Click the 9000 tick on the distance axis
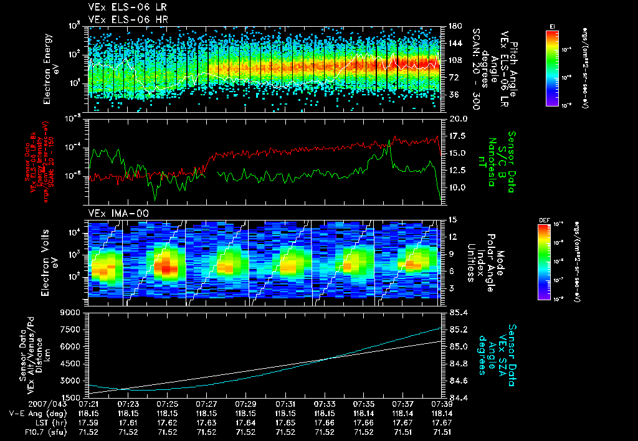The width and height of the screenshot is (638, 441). pos(70,312)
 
